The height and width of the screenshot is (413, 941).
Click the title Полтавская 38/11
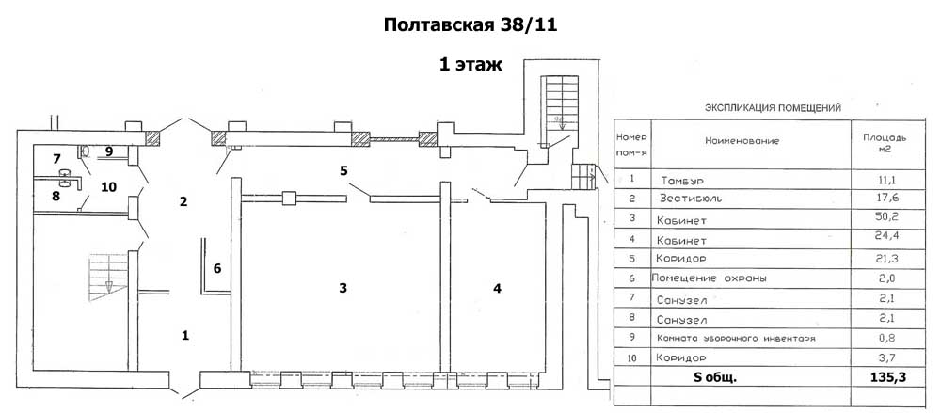pos(470,25)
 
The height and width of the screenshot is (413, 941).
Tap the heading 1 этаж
pos(470,65)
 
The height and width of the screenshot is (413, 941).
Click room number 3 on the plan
pos(344,287)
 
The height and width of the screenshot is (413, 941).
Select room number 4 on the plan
pos(497,287)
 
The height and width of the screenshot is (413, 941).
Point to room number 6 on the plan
pos(216,268)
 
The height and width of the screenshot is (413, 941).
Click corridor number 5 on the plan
pos(344,170)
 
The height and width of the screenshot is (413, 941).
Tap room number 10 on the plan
pos(108,186)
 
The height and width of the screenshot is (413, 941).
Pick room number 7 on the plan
pos(56,157)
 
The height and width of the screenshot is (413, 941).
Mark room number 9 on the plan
pos(108,151)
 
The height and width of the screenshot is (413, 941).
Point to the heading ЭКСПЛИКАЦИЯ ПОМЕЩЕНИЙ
pos(774,108)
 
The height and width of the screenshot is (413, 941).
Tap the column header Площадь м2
pos(885,143)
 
